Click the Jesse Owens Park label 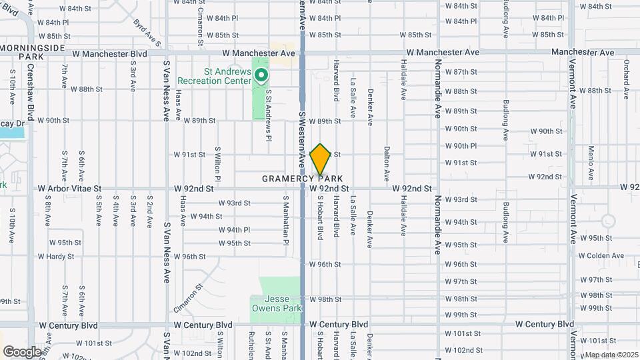pyautogui.click(x=275, y=303)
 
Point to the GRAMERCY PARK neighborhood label pyautogui.click(x=303, y=179)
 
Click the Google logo pyautogui.click(x=22, y=351)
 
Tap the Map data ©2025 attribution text pyautogui.click(x=611, y=354)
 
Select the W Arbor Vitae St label pyautogui.click(x=69, y=189)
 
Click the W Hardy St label pyautogui.click(x=55, y=256)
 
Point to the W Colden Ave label pyautogui.click(x=601, y=255)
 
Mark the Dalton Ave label pyautogui.click(x=387, y=164)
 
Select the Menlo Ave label pyautogui.click(x=591, y=164)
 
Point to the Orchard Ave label pyautogui.click(x=627, y=77)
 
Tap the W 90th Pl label pyautogui.click(x=461, y=145)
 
